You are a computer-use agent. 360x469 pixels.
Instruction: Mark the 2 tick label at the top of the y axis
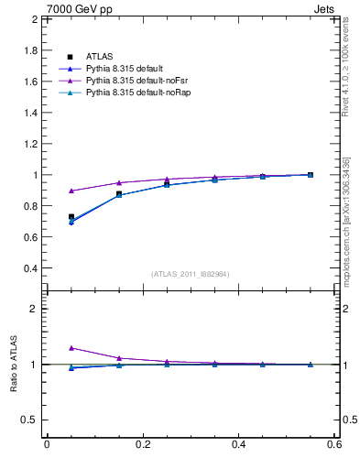pos(35,19)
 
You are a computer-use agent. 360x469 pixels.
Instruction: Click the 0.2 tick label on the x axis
pos(142,445)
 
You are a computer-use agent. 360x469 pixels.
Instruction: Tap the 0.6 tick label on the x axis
pos(334,445)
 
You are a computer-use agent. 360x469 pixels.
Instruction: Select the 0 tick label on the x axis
pos(47,445)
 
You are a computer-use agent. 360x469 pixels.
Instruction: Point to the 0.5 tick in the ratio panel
pos(31,420)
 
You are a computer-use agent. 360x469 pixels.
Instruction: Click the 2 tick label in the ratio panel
pos(35,310)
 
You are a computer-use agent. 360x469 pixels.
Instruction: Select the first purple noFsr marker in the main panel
pos(71,191)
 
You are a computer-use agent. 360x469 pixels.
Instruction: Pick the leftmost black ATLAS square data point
pos(71,217)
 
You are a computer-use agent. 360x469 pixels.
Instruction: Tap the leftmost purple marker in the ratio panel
pos(71,348)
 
